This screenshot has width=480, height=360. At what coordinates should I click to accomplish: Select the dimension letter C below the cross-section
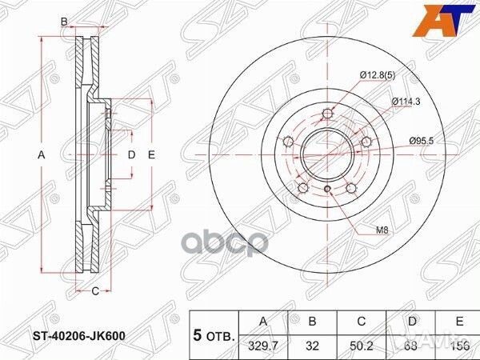coord(94,290)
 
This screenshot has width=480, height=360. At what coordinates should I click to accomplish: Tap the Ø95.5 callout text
coord(422,141)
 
